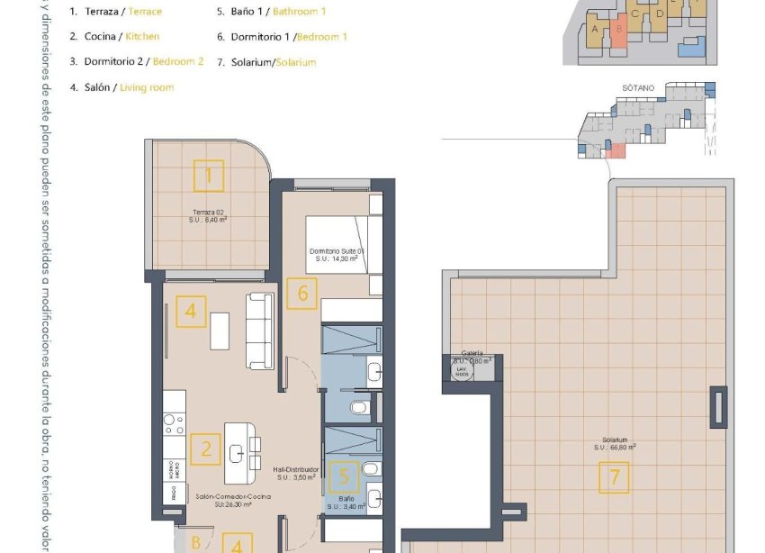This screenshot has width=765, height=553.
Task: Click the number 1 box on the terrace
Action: tap(209, 175)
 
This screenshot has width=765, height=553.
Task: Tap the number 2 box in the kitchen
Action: tap(206, 448)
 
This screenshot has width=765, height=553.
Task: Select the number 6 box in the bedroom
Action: tap(302, 294)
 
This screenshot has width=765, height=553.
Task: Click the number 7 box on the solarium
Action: tap(615, 476)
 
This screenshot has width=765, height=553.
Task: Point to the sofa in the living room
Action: tap(260, 330)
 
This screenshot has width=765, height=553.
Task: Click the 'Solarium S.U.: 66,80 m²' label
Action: tap(615, 443)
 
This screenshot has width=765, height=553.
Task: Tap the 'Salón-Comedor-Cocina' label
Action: tap(223, 497)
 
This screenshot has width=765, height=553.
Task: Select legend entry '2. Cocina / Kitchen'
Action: tap(114, 36)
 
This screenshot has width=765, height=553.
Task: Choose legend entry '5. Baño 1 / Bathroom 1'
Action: tap(272, 12)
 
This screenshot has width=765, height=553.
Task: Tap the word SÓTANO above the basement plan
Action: tap(637, 88)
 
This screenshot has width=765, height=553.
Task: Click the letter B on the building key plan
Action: tap(619, 29)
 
